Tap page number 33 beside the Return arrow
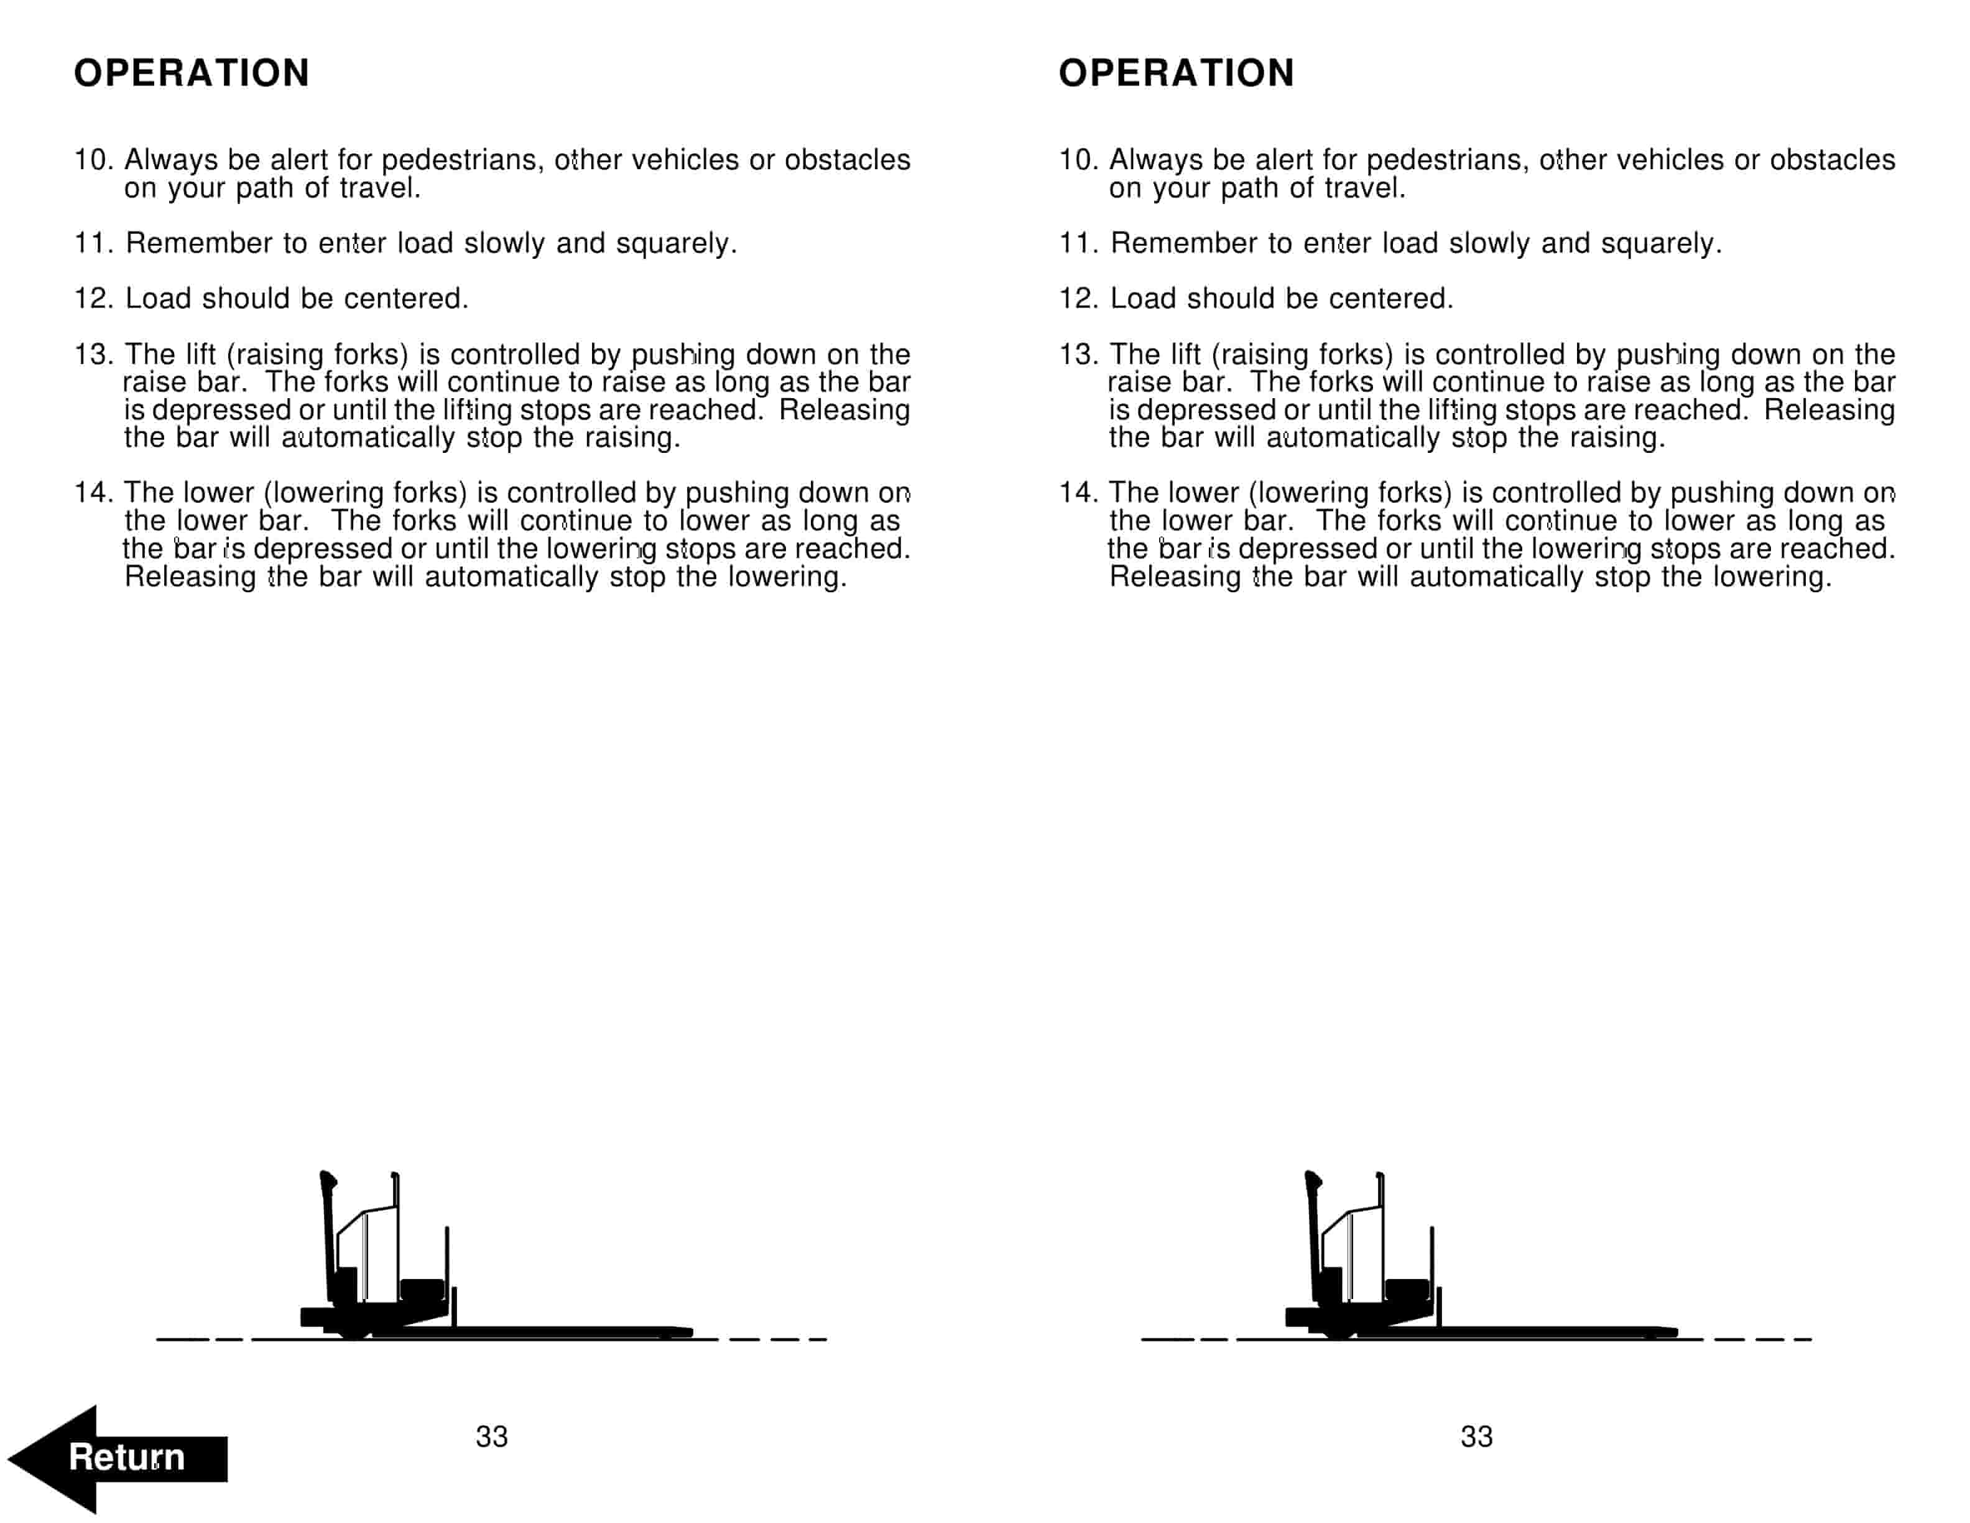(x=492, y=1437)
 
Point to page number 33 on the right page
(x=1477, y=1437)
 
